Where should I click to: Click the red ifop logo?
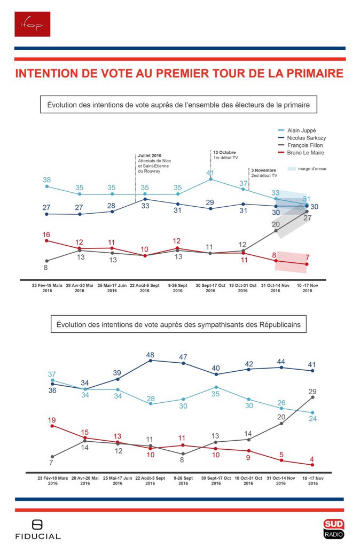33,24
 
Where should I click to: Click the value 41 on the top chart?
210,173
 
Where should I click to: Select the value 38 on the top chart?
47,180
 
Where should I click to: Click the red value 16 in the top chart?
47,235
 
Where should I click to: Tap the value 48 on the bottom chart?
151,355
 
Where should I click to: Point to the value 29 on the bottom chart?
313,392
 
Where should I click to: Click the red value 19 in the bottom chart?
52,420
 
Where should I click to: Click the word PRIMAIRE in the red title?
311,73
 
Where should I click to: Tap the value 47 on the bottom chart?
183,357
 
